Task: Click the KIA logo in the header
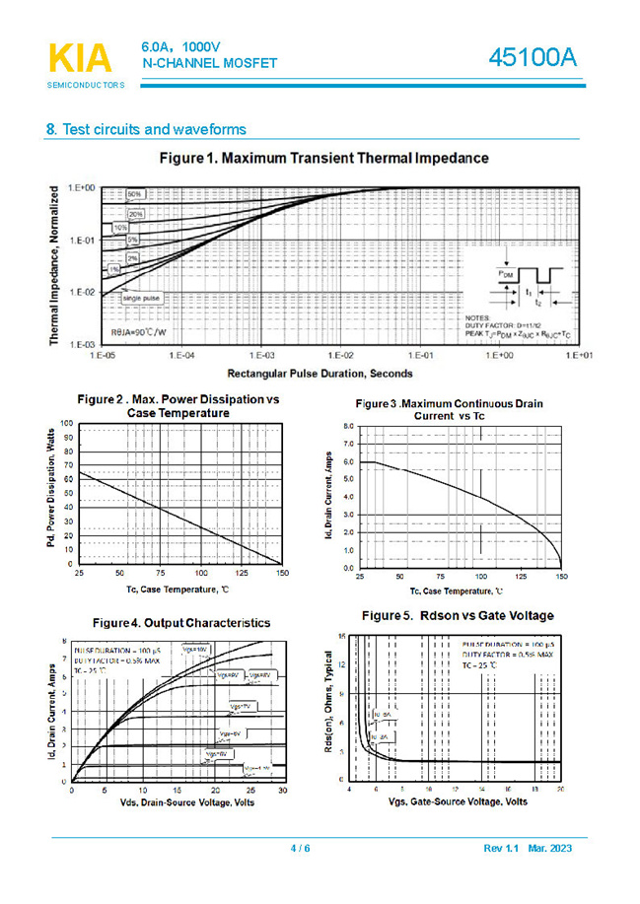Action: click(80, 59)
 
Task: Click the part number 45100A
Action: click(533, 58)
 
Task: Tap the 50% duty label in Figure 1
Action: click(134, 193)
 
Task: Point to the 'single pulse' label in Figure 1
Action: click(142, 297)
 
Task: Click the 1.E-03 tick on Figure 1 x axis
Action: click(261, 354)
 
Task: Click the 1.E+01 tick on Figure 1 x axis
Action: click(580, 354)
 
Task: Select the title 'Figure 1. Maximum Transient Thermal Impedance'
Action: click(323, 158)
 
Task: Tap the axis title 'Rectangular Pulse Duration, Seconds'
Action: click(320, 374)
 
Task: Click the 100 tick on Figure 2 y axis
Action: click(66, 423)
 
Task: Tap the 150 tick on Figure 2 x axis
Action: click(282, 572)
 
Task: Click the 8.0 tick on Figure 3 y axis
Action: click(348, 426)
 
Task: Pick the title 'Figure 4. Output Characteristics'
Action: click(180, 623)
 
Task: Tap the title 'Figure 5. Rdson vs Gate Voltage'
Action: click(457, 615)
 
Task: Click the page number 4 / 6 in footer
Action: click(301, 849)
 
